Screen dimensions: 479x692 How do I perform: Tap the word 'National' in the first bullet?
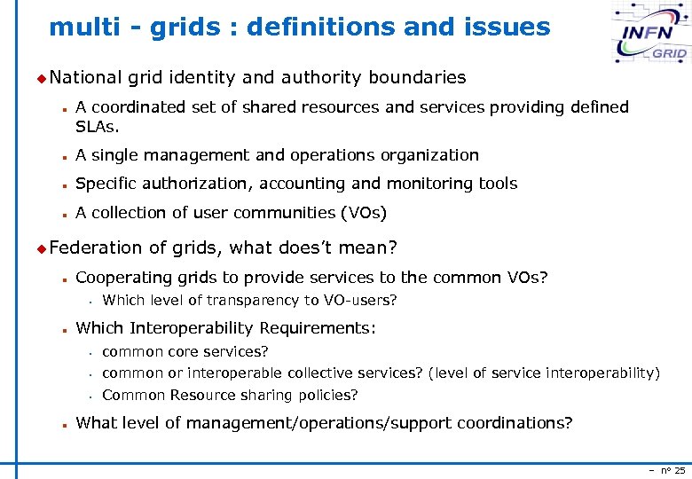85,77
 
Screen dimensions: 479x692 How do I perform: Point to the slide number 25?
680,470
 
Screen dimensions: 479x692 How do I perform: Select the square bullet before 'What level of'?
66,424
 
